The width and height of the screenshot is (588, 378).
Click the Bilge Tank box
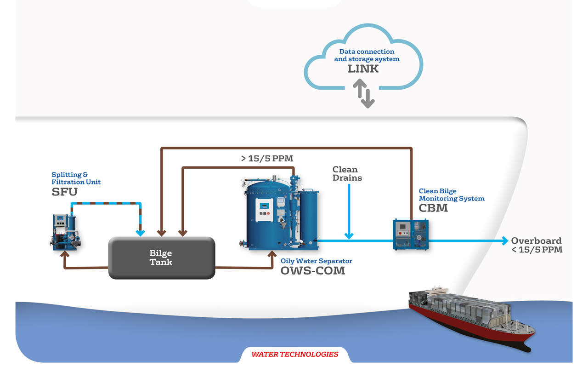coord(161,258)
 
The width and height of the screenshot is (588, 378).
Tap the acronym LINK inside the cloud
coord(363,69)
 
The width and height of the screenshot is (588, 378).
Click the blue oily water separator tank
coord(264,212)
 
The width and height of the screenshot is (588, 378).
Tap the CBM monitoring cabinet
coord(410,235)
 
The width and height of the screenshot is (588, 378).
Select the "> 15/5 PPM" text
coord(267,159)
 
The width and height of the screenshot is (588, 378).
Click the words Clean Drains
coord(348,174)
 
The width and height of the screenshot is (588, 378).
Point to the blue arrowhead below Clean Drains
coord(349,236)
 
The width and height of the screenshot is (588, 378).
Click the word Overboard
coord(536,241)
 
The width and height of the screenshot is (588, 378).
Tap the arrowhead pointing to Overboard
coord(504,241)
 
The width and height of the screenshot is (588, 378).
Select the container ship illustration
coord(471,317)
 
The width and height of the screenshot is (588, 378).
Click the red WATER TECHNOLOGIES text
coord(294,355)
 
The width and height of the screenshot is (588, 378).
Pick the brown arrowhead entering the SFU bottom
coord(65,254)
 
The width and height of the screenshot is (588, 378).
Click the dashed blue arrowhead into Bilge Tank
coord(141,232)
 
